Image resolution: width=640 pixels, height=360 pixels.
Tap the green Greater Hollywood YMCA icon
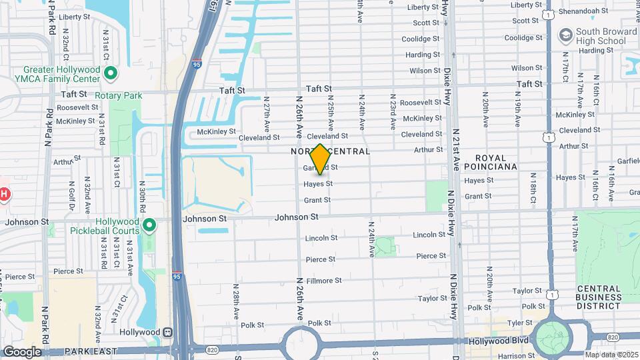tap(111, 73)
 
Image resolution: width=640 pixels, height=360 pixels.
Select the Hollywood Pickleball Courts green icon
tap(149, 226)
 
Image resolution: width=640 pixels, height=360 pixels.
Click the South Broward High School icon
tap(566, 35)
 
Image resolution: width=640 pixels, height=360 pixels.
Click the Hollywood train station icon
tap(169, 332)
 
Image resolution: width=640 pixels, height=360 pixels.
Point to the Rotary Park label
tap(119, 96)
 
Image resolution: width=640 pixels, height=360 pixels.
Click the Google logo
tap(21, 351)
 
